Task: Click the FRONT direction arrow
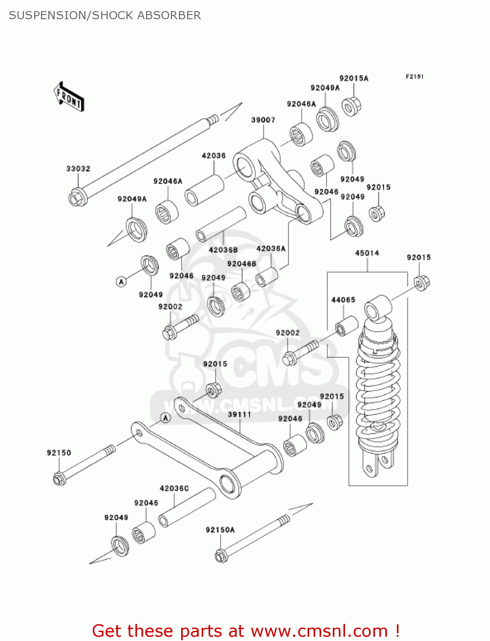69,97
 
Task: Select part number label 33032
78,169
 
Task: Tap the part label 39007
263,120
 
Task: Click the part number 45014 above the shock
367,253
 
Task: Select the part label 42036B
223,250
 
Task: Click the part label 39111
239,415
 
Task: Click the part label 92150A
220,530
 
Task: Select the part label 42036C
174,488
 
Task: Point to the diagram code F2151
414,76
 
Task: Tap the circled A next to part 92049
121,282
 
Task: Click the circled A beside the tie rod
166,418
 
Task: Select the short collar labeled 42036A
267,276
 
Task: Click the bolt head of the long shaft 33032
77,198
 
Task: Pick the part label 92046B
241,264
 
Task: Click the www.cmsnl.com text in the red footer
319,631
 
